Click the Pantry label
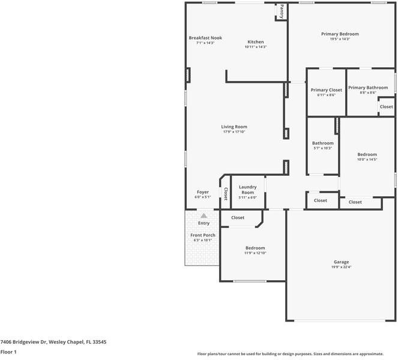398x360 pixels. (x=280, y=11)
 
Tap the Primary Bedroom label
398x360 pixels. (x=340, y=34)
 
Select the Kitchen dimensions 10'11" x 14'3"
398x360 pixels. (x=255, y=47)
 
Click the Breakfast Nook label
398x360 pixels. (x=205, y=38)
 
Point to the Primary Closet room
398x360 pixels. (x=326, y=92)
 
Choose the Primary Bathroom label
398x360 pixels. (x=368, y=88)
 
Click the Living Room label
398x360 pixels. (x=234, y=127)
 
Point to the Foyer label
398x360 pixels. (x=202, y=192)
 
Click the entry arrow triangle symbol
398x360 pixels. (x=204, y=215)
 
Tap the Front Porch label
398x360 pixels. (x=203, y=235)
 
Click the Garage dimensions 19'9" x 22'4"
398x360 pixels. (x=341, y=267)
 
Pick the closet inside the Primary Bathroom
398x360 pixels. (x=386, y=107)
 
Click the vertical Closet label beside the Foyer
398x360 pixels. (x=226, y=194)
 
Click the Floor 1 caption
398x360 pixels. (x=8, y=352)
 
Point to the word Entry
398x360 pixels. (x=204, y=223)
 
